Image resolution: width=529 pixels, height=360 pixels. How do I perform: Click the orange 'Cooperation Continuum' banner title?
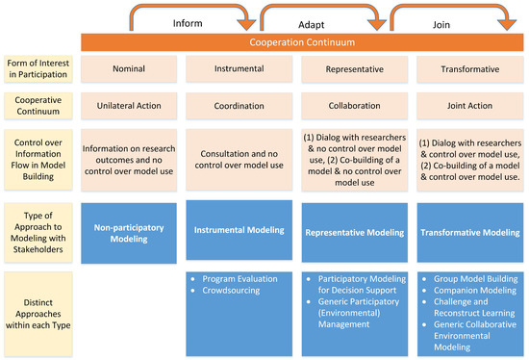pos(302,42)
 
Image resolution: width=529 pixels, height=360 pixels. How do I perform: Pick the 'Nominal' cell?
pos(129,70)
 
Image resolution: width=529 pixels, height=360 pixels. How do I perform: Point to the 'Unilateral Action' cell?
pos(129,109)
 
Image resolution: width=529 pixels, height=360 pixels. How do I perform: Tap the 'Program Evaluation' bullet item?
pos(242,278)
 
